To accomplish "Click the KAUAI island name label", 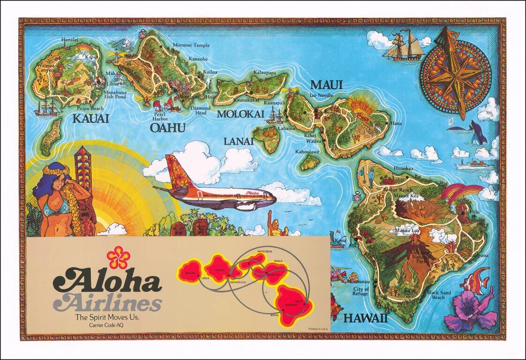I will coord(90,119).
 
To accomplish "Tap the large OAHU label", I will coord(167,128).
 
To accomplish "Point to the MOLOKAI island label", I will coord(240,114).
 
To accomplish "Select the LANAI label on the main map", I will coord(238,141).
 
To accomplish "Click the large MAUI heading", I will coord(326,85).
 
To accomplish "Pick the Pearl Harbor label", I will coord(160,116).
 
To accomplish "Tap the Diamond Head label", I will coord(200,110).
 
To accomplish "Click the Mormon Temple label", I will coord(191,45).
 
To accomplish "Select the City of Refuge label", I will coord(361,291).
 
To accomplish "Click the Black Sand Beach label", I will coord(438,295).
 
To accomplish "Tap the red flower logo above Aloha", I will coord(118,257).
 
